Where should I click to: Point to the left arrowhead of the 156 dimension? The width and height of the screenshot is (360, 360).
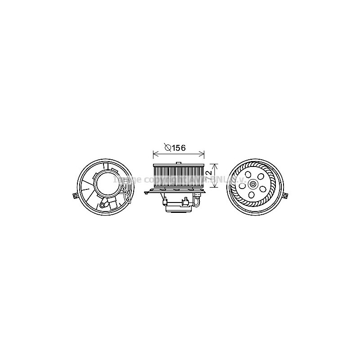pyautogui.click(x=155, y=154)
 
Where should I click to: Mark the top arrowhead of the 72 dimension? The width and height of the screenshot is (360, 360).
pyautogui.click(x=215, y=165)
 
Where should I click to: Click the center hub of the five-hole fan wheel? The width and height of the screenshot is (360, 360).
pyautogui.click(x=255, y=183)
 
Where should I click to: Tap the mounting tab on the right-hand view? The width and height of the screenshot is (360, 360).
pyautogui.click(x=285, y=196)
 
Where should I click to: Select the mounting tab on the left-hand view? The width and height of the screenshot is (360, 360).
pyautogui.click(x=75, y=196)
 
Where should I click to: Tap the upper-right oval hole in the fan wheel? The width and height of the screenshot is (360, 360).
pyautogui.click(x=261, y=173)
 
